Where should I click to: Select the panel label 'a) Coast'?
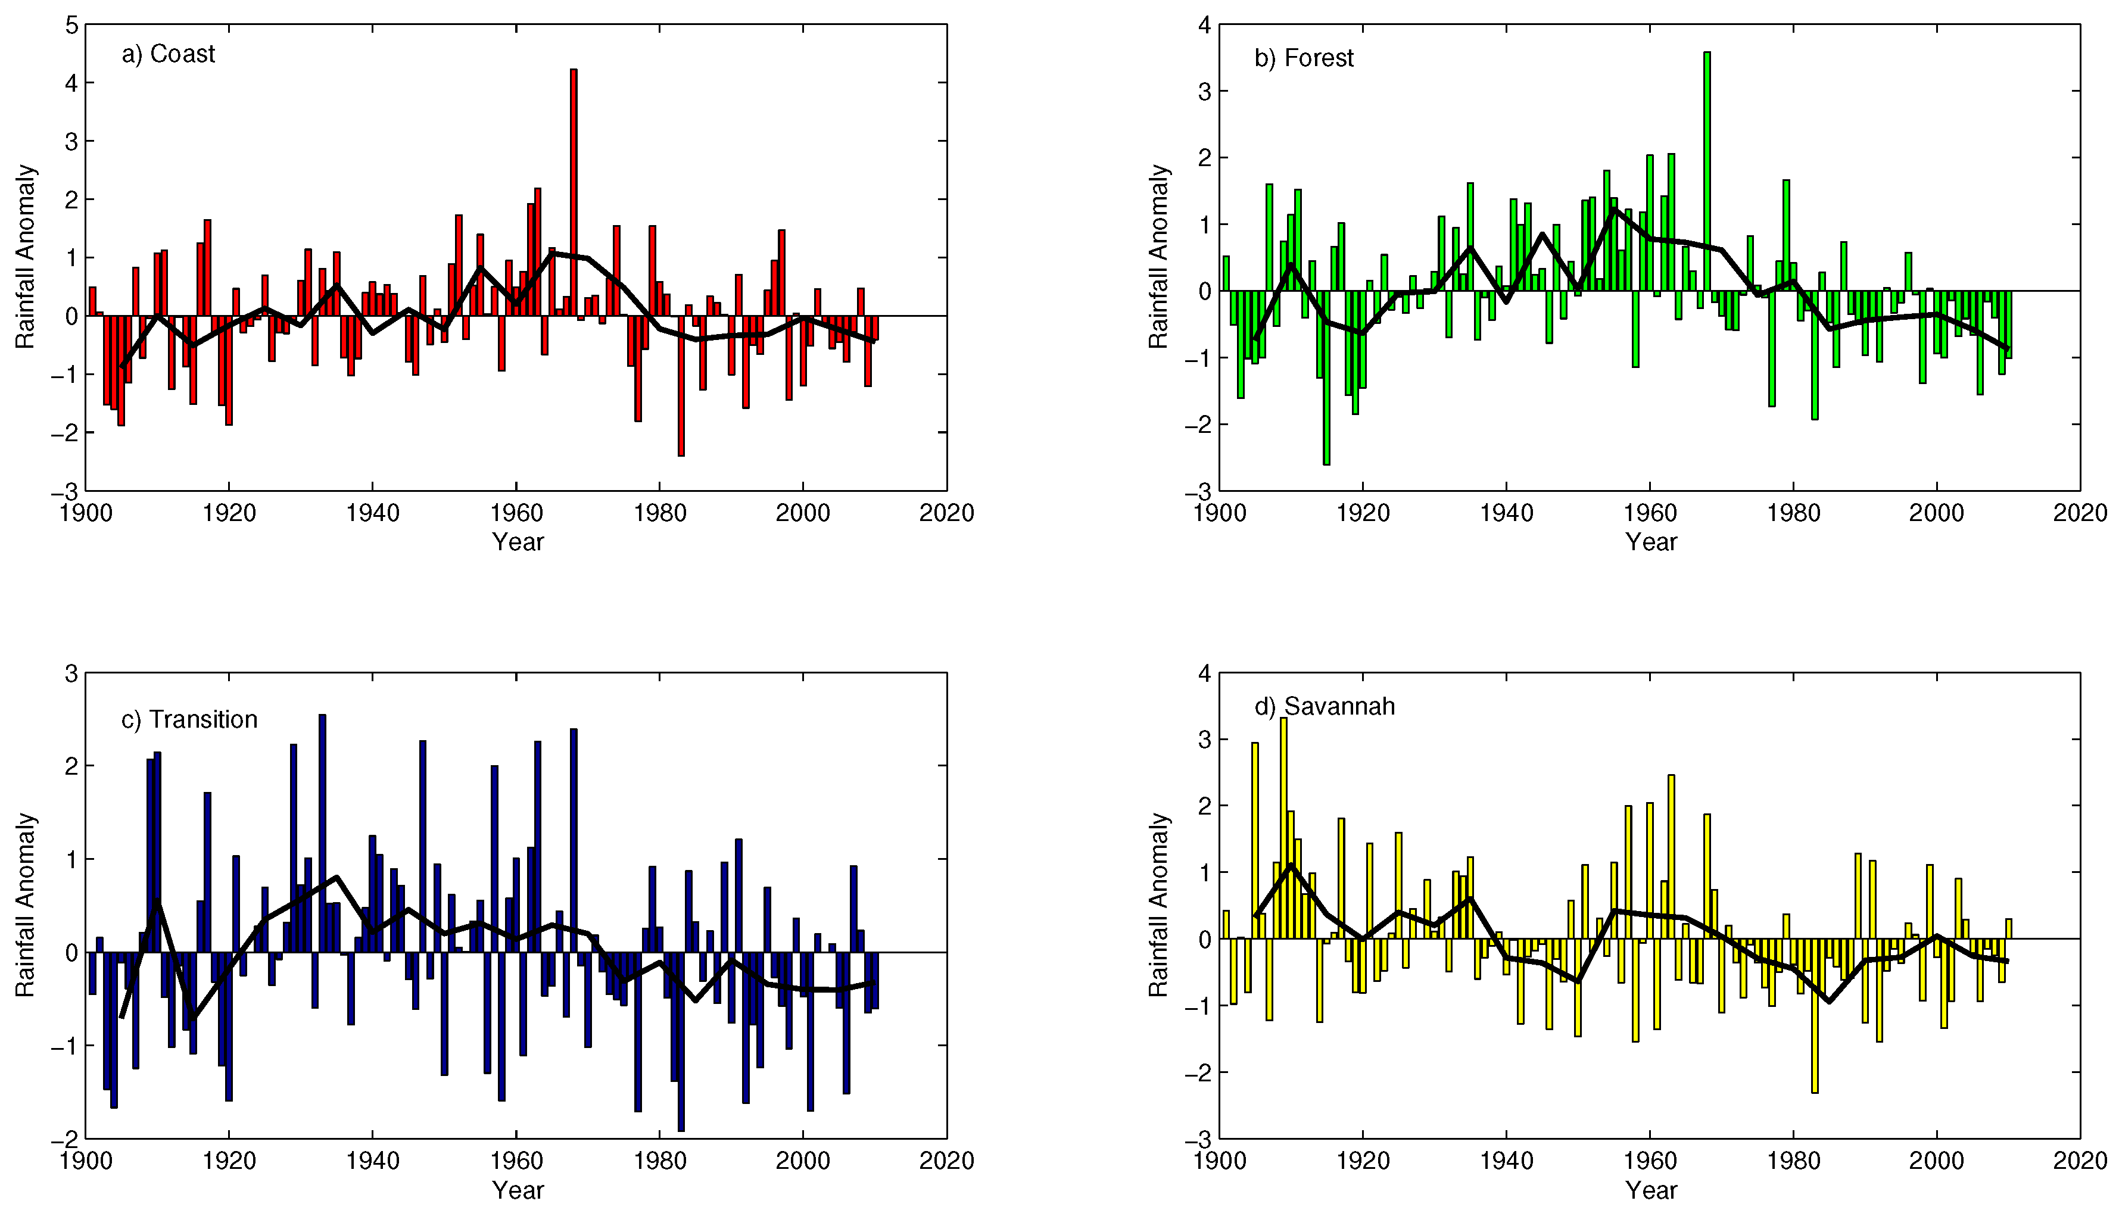169,54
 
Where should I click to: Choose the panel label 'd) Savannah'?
1324,706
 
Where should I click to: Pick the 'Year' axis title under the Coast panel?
518,542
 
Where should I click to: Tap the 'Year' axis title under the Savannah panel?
1651,1190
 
